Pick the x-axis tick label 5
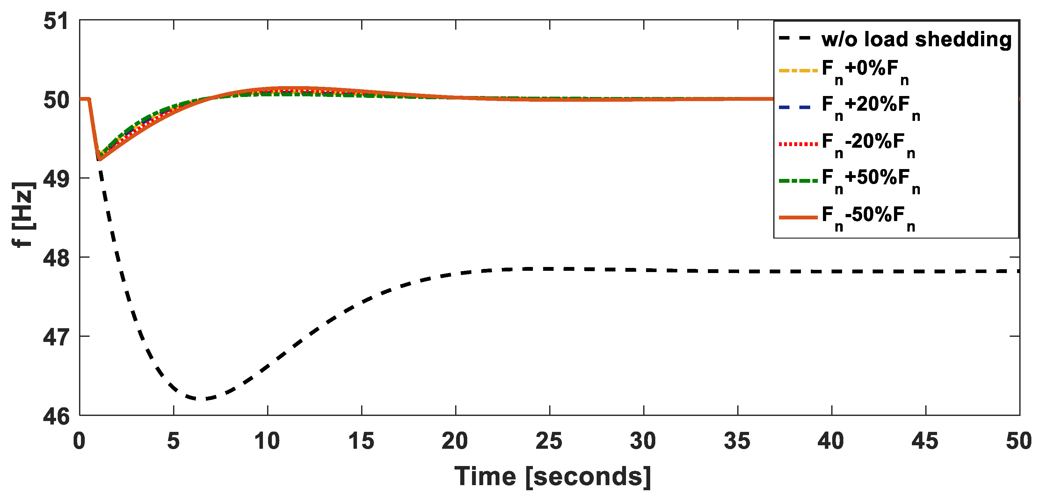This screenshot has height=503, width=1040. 173,441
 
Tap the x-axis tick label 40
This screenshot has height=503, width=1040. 831,441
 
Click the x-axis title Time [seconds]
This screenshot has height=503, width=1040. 552,477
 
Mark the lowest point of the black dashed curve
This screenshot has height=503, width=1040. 202,399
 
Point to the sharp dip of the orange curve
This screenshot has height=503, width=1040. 99,159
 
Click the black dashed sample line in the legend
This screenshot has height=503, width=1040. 795,39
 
